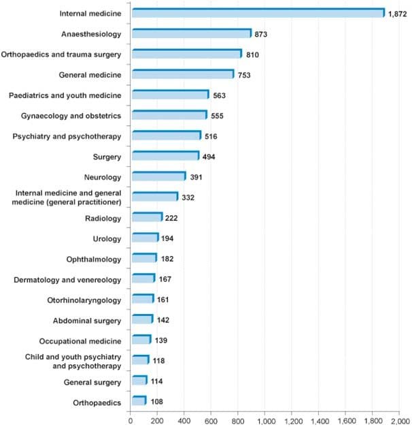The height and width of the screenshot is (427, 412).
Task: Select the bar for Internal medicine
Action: (258, 13)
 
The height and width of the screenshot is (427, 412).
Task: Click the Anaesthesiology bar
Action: (191, 33)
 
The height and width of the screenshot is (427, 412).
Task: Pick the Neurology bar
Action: (158, 176)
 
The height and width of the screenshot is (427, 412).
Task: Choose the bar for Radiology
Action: (146, 218)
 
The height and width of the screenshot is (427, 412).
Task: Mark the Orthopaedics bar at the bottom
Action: (138, 402)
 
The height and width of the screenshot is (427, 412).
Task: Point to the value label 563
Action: (219, 95)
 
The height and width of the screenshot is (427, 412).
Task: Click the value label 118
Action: (159, 361)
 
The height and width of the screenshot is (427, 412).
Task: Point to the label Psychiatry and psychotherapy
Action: (67, 136)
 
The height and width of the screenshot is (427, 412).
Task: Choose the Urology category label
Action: (107, 238)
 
